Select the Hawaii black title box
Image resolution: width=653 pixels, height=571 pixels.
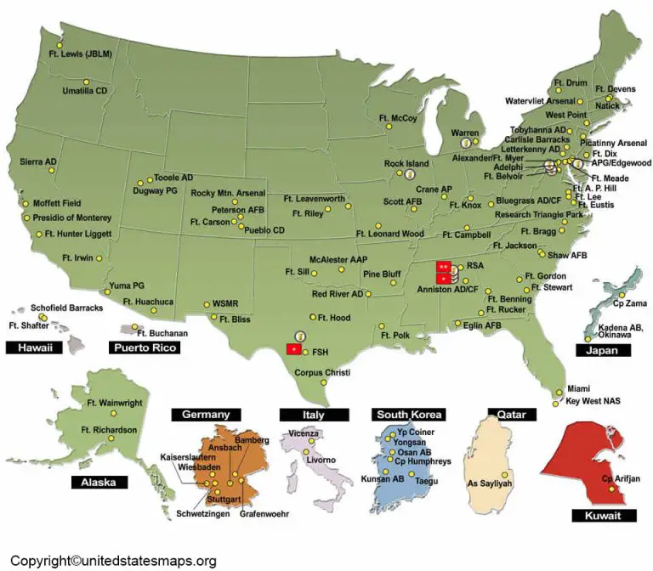point(34,348)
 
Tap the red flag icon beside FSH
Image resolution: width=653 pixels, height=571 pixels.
point(292,349)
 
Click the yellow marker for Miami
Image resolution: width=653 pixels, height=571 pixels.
point(559,392)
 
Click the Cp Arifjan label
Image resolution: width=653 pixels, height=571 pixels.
point(619,478)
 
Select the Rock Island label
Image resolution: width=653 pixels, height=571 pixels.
point(406,163)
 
